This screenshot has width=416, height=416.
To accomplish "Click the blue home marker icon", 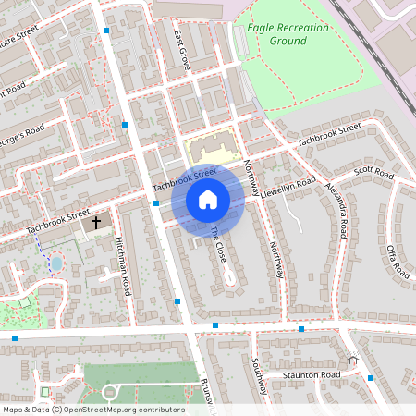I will click(207, 200).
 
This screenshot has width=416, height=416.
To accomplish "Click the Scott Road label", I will click(374, 174).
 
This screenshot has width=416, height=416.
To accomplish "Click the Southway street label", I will click(262, 375).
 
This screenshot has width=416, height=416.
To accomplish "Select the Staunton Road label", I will click(312, 374).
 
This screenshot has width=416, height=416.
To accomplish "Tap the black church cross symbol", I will click(95, 223).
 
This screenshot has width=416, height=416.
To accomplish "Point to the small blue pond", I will click(56, 263).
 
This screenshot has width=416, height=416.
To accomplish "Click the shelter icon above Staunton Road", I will click(352, 360).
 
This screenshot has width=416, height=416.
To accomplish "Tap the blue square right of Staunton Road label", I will click(371, 377).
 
